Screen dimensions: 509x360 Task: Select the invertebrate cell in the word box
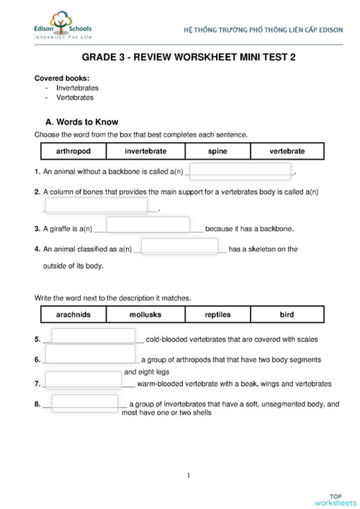click(145, 151)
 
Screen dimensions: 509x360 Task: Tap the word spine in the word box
click(217, 151)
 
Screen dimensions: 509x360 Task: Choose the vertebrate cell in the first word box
click(287, 151)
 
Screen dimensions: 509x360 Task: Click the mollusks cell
click(145, 315)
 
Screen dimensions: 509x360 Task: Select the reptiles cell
click(217, 315)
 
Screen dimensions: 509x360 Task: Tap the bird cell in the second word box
click(287, 315)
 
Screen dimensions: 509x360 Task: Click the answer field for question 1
click(240, 171)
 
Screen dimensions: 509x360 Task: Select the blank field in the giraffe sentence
click(148, 225)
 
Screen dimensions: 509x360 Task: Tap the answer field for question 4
click(179, 246)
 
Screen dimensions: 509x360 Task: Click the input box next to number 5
click(93, 337)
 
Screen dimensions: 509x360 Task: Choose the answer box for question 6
click(91, 353)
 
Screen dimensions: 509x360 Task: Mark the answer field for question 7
click(83, 380)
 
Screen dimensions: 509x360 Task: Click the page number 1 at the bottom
click(188, 474)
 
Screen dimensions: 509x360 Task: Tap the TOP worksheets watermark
click(335, 499)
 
